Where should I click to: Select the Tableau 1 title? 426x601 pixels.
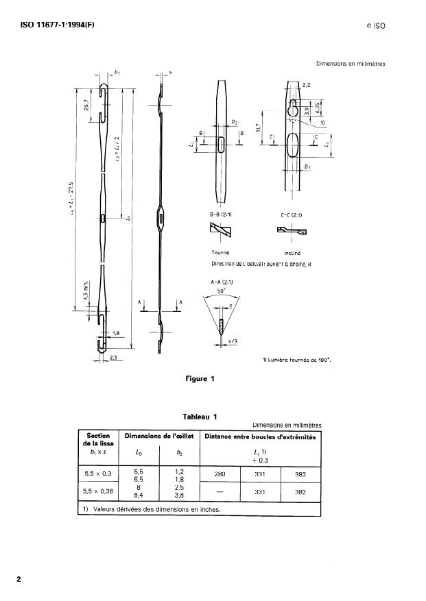pos(200,417)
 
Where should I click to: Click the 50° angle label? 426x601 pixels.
pos(220,291)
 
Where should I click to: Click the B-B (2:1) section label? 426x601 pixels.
pos(221,214)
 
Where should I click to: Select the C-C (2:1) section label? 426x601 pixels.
pos(292,214)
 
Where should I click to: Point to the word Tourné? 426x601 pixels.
pos(220,252)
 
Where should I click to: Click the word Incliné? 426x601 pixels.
pos(293,252)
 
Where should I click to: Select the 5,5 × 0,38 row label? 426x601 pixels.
pos(100,491)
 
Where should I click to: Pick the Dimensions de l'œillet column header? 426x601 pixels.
pos(158,437)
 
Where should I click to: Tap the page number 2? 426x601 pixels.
pos(19,579)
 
